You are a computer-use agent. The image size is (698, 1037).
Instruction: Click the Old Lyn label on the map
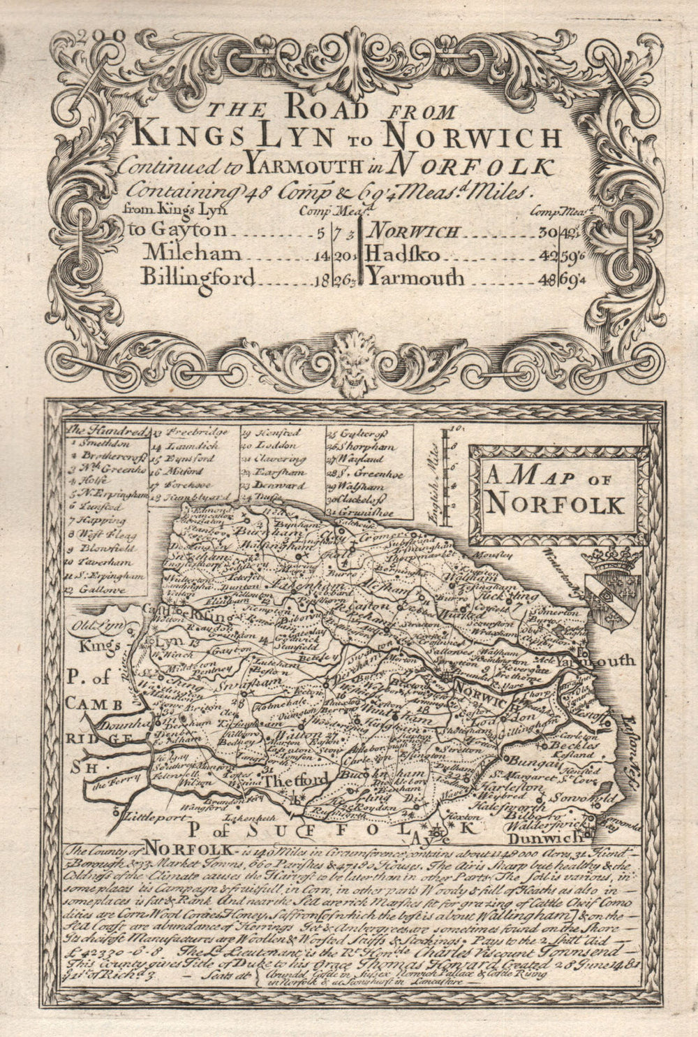[x=91, y=625]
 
